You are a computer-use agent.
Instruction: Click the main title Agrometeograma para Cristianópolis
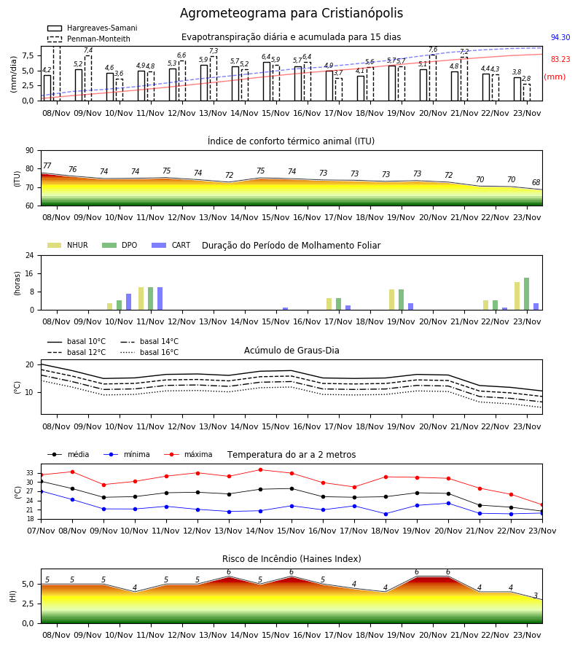coord(291,13)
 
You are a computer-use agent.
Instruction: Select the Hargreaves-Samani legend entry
coord(93,28)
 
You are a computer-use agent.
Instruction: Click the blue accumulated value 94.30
coord(560,37)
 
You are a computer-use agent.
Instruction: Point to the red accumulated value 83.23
coord(560,59)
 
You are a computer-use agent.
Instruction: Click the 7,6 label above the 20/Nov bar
coord(433,50)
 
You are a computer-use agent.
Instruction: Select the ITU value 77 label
coord(47,165)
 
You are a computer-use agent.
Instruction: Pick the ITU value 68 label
coord(536,182)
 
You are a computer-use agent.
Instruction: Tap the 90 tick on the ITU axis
coord(30,151)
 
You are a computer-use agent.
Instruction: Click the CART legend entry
coord(171,245)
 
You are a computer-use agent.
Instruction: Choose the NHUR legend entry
coord(68,245)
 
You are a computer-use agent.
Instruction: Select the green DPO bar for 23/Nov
coord(527,294)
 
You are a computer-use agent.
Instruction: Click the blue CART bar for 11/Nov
coord(160,299)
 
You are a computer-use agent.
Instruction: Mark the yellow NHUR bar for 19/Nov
coord(392,300)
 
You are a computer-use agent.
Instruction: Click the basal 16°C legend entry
coord(149,352)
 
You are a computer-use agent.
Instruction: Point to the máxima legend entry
coord(188,454)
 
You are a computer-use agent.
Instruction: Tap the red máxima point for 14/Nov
coord(261,470)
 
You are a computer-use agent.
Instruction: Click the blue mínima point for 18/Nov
coord(386,514)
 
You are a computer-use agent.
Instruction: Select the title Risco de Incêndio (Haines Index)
coord(291,559)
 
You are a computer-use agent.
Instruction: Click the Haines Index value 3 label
coord(536,596)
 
